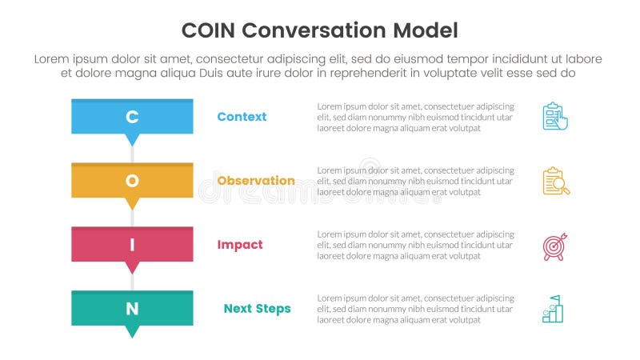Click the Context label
coord(242,117)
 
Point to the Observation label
coord(256,181)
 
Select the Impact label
coord(239,245)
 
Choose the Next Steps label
coord(257,309)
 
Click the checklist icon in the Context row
coord(554,117)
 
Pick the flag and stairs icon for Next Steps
coord(553,310)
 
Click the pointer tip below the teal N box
coord(133,332)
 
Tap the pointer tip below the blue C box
coord(133,141)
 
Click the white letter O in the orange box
coord(133,181)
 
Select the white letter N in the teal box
coord(133,309)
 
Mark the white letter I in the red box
coord(133,245)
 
